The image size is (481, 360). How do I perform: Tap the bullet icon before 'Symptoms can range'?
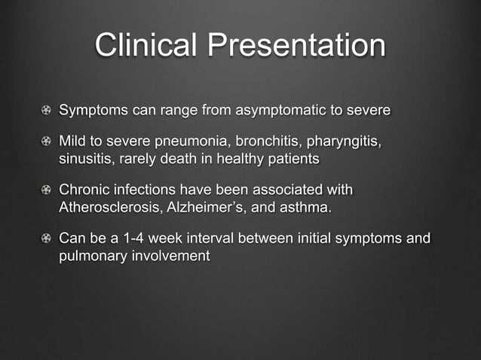click(47, 111)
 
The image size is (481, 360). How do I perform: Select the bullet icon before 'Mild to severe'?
click(47, 143)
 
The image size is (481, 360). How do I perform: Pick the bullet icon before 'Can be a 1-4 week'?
click(47, 239)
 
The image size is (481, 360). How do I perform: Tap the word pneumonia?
click(197, 142)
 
